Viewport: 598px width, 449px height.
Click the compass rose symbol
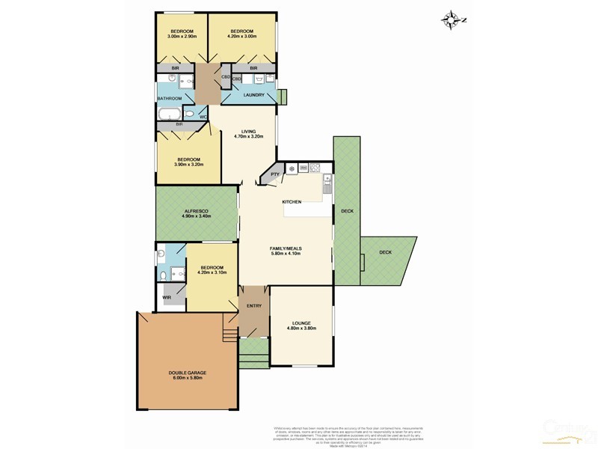[451, 20]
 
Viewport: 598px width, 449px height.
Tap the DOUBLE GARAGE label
[181, 372]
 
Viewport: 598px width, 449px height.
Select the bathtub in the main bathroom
[170, 114]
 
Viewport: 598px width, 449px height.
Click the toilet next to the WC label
[190, 114]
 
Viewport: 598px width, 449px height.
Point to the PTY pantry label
[274, 174]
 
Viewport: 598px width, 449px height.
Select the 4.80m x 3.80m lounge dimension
[301, 329]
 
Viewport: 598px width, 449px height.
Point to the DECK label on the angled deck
[385, 252]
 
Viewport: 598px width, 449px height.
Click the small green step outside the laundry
[282, 97]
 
